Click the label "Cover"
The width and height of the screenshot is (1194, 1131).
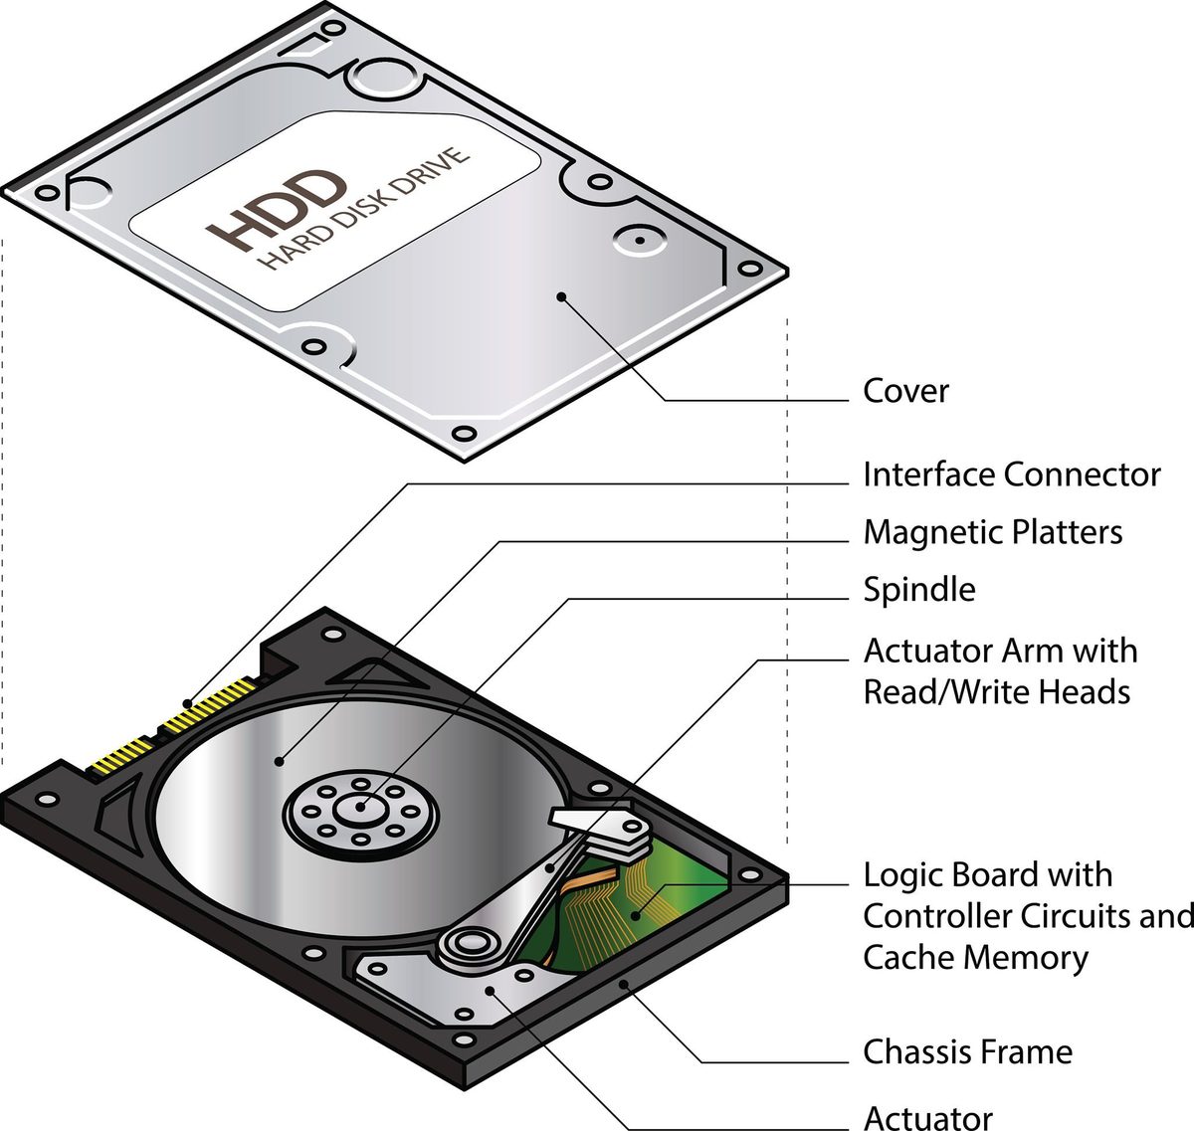905,391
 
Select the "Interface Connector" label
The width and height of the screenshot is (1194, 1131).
1012,474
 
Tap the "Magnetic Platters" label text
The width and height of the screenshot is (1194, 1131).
993,532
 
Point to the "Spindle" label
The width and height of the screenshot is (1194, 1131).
919,589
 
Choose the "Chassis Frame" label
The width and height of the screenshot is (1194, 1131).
968,1052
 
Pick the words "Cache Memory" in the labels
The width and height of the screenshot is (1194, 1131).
976,958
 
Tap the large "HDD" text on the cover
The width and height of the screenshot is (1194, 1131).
277,210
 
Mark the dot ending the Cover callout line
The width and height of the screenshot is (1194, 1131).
562,296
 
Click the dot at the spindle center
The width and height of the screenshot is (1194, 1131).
361,808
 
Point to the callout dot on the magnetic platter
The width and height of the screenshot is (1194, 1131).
279,761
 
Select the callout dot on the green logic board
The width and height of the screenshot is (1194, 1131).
635,915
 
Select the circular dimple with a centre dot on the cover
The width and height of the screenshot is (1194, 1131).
639,240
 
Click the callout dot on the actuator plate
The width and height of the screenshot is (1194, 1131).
489,991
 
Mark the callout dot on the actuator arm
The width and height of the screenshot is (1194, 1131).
550,867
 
